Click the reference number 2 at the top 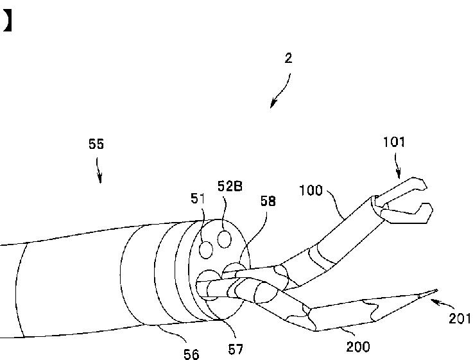(x=288, y=58)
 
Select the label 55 (x=96, y=144)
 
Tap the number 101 (x=394, y=142)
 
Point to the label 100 (x=311, y=190)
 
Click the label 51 (x=198, y=199)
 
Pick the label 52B (x=230, y=186)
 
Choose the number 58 (x=268, y=201)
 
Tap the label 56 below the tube (x=191, y=354)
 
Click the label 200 (x=358, y=347)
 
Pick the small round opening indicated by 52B (x=224, y=238)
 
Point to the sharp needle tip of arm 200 (x=430, y=292)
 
